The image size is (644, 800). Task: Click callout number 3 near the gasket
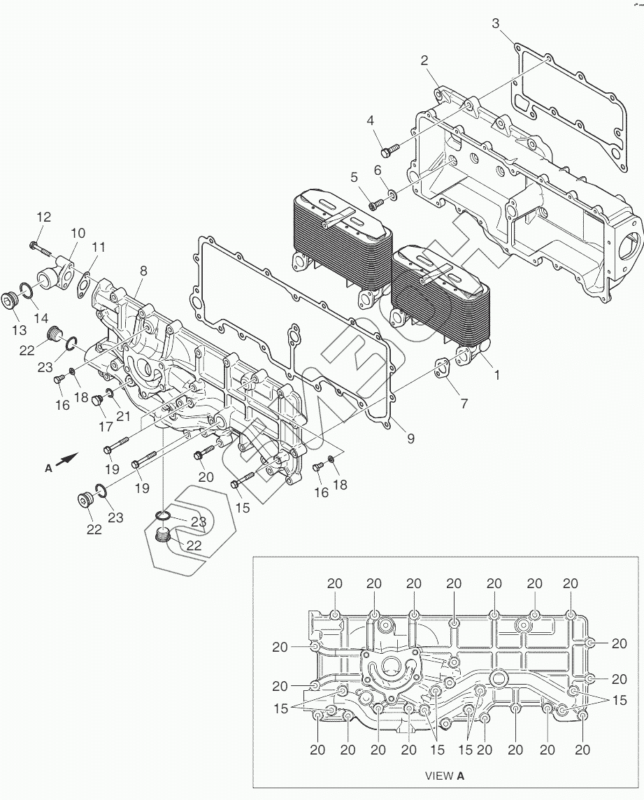(x=496, y=24)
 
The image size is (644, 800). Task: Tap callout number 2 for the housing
(x=424, y=60)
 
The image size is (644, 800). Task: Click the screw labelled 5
(x=375, y=203)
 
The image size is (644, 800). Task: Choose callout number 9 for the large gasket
(x=410, y=438)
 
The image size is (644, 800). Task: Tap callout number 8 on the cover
(x=143, y=271)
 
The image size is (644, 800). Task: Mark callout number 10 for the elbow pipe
(x=78, y=233)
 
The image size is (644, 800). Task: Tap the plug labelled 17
(x=98, y=400)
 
